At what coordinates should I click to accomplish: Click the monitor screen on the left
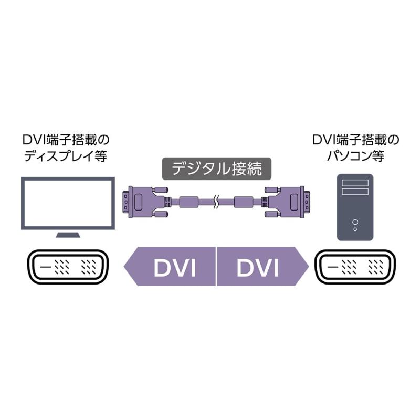click(x=68, y=203)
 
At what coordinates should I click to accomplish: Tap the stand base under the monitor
click(x=68, y=235)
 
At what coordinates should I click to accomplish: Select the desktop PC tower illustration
click(x=355, y=207)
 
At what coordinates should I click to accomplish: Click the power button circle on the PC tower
click(x=355, y=221)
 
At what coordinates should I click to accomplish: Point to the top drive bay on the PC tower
click(x=355, y=184)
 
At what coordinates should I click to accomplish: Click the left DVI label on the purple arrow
click(x=175, y=268)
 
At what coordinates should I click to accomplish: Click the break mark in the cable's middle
click(x=216, y=201)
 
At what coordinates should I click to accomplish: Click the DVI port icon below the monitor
click(x=67, y=268)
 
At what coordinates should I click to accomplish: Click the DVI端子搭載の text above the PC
click(x=355, y=140)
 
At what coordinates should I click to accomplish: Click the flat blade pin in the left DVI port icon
click(x=46, y=268)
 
